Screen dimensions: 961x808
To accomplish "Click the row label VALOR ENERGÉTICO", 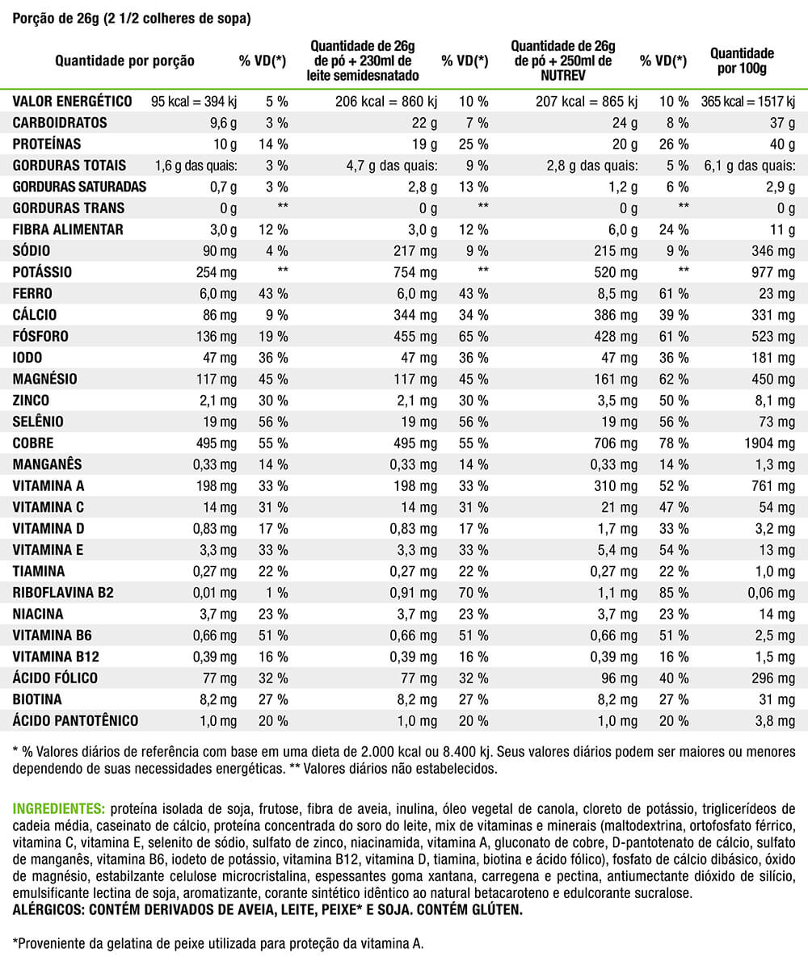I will (72, 102).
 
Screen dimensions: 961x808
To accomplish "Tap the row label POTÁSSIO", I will (47, 272).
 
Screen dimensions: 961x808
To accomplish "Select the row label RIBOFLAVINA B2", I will (64, 592).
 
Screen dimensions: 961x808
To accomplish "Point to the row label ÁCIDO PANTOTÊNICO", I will (75, 720).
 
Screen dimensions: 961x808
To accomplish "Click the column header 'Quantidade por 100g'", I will (742, 61).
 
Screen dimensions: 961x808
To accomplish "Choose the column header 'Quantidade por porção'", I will (124, 61).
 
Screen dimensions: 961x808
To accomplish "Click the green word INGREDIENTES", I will (59, 808).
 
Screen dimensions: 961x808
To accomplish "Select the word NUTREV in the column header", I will (563, 75).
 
